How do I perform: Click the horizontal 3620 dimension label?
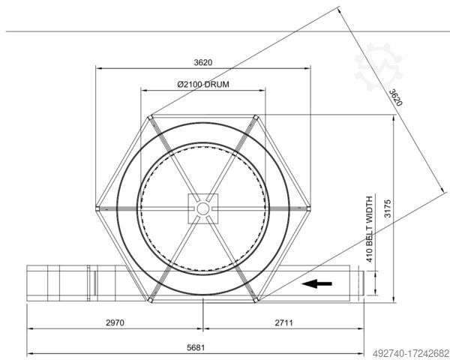(x=203, y=62)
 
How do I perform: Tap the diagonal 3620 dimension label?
(x=396, y=97)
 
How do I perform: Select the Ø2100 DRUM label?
(x=203, y=85)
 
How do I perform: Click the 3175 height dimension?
(x=388, y=208)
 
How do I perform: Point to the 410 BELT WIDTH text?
(x=369, y=229)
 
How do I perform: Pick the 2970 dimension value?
(x=115, y=322)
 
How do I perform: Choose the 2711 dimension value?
(x=283, y=322)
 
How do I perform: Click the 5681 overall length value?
(x=196, y=348)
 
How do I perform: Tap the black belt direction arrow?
(x=316, y=283)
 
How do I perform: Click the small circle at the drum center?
(x=203, y=208)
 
